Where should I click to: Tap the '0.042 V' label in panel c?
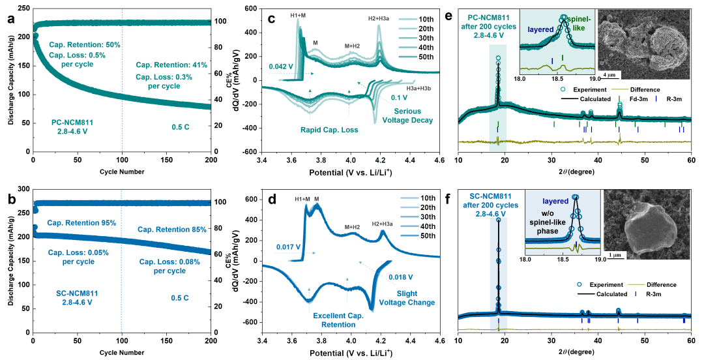pos(281,67)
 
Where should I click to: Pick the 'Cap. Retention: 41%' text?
pos(171,65)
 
